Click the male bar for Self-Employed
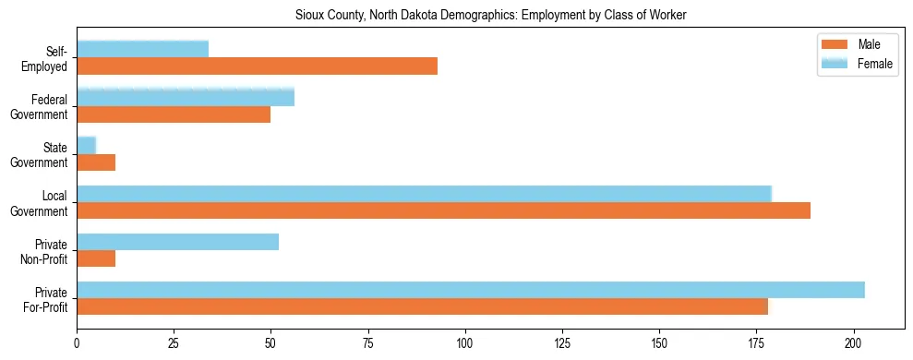257,66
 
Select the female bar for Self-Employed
142,49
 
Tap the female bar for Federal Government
186,97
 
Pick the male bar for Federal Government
174,114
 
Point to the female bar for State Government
87,145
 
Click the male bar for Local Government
444,210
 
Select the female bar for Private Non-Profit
177,242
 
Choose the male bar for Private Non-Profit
96,258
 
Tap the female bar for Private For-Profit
471,290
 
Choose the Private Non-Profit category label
45,250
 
